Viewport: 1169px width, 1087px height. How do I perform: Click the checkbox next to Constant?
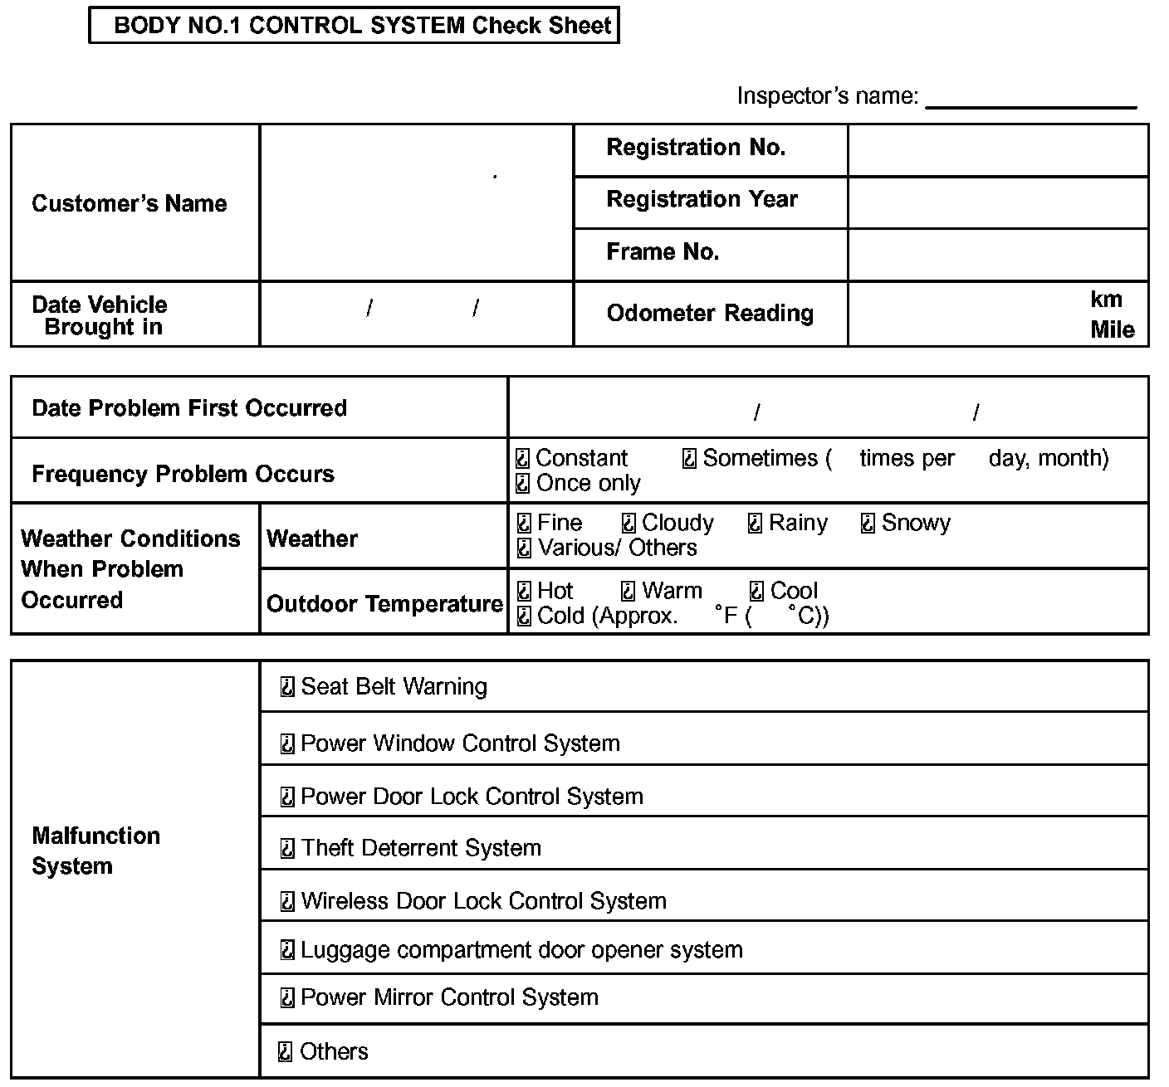(x=523, y=458)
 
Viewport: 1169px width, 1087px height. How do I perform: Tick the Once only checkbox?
(x=523, y=483)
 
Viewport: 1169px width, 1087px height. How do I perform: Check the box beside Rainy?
(x=755, y=524)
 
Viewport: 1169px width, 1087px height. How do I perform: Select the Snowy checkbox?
(x=868, y=524)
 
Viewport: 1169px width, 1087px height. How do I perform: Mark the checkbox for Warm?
(x=629, y=591)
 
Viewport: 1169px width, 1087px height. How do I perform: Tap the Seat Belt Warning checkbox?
(x=287, y=687)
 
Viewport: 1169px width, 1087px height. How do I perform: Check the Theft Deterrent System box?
(x=287, y=848)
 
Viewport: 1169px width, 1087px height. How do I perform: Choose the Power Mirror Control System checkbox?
(x=287, y=997)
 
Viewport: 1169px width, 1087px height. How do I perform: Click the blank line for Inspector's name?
(x=1030, y=98)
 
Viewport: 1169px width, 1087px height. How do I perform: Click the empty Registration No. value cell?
(x=998, y=150)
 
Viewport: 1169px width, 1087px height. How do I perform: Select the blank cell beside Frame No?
(x=998, y=255)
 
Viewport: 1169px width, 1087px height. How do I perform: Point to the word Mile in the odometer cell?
(x=1112, y=329)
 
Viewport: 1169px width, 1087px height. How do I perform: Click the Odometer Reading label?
(x=710, y=313)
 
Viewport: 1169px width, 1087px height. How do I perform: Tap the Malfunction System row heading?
(x=95, y=851)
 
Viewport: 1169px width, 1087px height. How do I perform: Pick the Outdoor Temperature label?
(x=384, y=603)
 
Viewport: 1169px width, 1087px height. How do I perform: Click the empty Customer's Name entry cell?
(x=416, y=202)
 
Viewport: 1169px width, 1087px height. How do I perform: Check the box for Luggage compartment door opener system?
(x=287, y=950)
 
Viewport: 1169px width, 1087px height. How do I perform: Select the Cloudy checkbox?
(x=629, y=524)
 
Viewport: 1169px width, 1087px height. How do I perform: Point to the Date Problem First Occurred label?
(x=189, y=407)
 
